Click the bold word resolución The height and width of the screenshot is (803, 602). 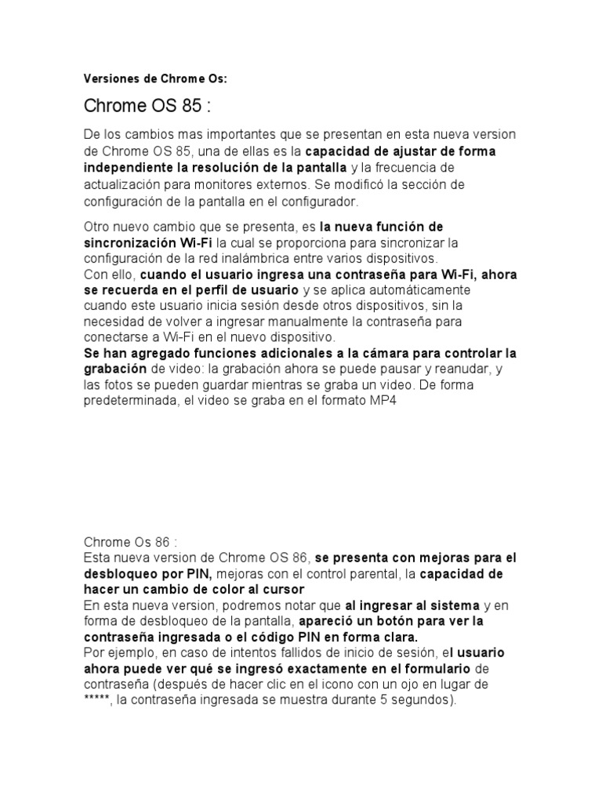point(231,168)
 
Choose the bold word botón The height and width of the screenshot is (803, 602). point(375,621)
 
